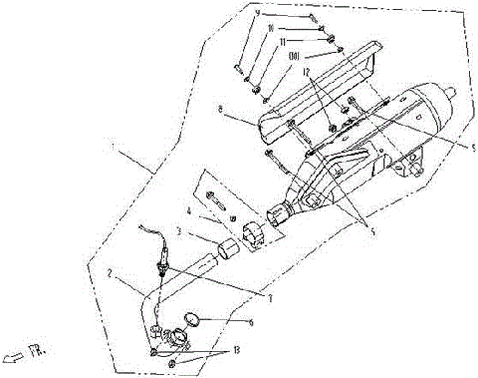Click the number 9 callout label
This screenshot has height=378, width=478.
[256, 13]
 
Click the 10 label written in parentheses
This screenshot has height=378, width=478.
[295, 59]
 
